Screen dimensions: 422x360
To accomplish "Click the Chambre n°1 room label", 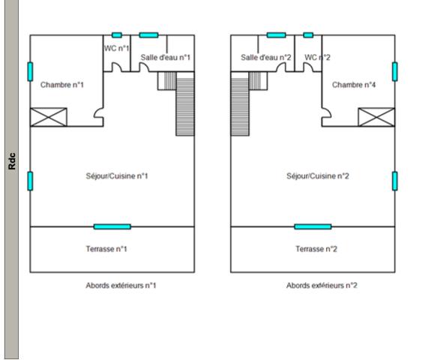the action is click(x=62, y=85).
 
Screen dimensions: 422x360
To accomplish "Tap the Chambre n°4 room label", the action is click(x=354, y=85).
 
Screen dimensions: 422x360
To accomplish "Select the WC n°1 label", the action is click(x=116, y=48).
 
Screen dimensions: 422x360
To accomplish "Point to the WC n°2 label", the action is click(x=317, y=57).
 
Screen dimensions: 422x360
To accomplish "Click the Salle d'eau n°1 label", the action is click(x=166, y=57).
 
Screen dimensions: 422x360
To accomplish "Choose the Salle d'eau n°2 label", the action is click(x=266, y=57).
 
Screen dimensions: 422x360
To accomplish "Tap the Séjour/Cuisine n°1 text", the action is click(x=117, y=175).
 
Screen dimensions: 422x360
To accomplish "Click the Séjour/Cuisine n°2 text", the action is click(x=318, y=175).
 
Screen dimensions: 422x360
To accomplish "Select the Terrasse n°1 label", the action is click(x=106, y=249).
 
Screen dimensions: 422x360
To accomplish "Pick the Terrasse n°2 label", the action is click(x=316, y=249).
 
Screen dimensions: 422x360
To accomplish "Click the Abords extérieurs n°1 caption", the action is click(x=121, y=286).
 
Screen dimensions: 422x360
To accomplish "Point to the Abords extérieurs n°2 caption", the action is click(x=322, y=286).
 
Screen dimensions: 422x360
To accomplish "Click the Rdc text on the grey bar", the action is click(x=12, y=161).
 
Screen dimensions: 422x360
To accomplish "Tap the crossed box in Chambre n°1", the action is click(x=49, y=117).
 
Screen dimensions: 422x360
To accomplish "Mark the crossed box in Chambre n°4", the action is click(x=376, y=117).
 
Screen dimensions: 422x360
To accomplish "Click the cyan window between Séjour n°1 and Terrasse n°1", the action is click(x=112, y=226).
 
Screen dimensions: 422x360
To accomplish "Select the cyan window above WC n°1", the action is click(x=117, y=35).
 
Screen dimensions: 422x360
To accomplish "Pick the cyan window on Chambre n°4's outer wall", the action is click(x=395, y=71).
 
